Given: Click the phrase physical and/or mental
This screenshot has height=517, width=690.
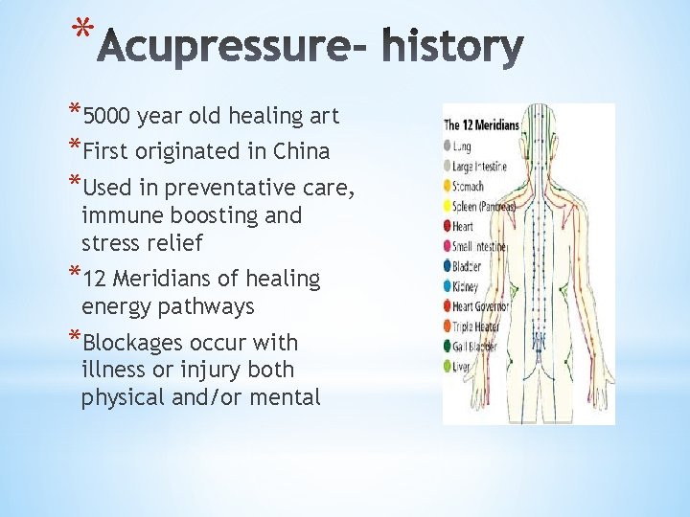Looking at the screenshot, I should tap(201, 396).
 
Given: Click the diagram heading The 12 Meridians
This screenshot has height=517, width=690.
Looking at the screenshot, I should tap(481, 125).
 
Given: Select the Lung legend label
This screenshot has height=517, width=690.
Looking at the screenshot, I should tap(461, 146).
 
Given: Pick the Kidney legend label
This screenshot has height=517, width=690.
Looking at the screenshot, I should tap(468, 285).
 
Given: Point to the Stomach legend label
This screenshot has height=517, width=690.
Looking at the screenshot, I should tap(470, 186).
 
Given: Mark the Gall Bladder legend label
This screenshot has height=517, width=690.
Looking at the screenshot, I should tap(477, 346).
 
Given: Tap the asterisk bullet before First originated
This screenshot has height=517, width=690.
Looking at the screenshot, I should tap(75, 147).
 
